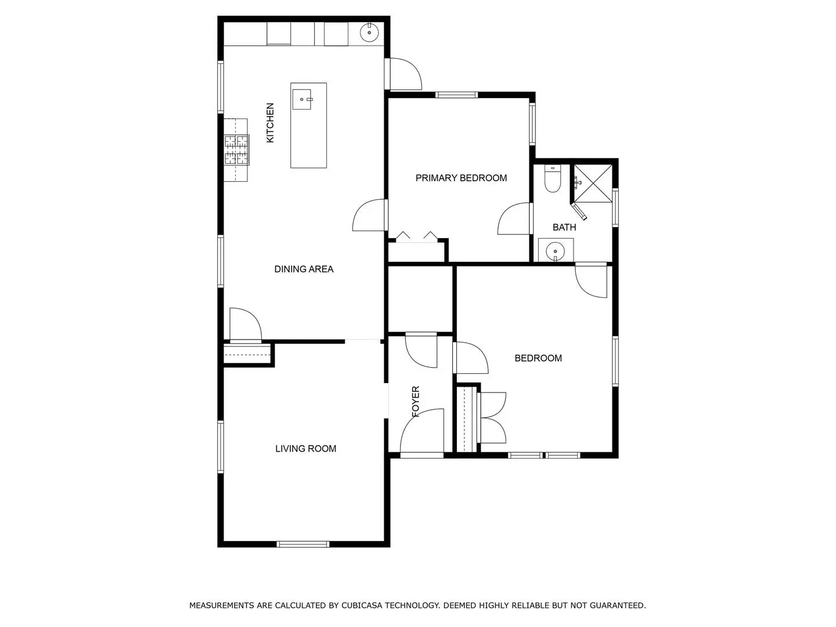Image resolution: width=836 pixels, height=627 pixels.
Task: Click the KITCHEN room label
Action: point(269,122)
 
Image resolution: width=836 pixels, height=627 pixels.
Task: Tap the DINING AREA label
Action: point(304,269)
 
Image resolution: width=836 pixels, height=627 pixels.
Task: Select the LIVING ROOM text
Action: point(305,448)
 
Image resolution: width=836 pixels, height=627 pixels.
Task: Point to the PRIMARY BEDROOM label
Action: point(461,178)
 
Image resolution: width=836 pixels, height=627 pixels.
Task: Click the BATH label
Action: point(564,227)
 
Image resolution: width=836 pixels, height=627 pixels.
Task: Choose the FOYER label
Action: point(416,401)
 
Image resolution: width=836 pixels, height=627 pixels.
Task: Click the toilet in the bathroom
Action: point(552,179)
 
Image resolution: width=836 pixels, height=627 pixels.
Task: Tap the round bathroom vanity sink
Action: point(555,251)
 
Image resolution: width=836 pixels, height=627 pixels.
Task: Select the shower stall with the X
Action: point(593,183)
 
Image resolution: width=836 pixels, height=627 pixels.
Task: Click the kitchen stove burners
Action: point(236,150)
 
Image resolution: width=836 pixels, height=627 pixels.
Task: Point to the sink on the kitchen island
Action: point(302,99)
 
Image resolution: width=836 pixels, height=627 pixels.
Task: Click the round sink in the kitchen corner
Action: point(369,33)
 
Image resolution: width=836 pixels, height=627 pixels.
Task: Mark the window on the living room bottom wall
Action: point(303,544)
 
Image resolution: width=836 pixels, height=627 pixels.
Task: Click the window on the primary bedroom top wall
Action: point(456,95)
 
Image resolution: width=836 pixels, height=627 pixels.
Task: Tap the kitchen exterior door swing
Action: point(403,74)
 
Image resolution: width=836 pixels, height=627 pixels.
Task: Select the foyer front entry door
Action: point(422,434)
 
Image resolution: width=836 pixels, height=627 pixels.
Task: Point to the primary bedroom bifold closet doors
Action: point(416,237)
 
